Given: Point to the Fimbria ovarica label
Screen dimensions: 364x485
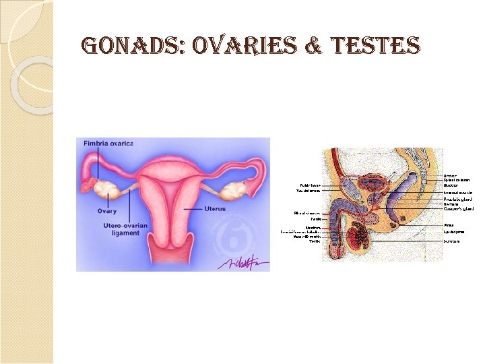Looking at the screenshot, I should (108, 143).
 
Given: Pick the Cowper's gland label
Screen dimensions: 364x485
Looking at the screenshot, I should (459, 209).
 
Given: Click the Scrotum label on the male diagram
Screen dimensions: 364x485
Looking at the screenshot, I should (452, 241).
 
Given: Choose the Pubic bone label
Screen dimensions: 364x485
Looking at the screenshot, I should (310, 185).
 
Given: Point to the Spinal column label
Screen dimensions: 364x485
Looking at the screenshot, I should (457, 181).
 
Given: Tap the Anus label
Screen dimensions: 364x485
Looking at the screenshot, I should (448, 225).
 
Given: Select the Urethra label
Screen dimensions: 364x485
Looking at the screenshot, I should (313, 228).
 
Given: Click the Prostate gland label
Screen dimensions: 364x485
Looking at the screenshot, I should (458, 200).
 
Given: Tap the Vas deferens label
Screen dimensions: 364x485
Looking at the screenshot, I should (309, 191).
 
